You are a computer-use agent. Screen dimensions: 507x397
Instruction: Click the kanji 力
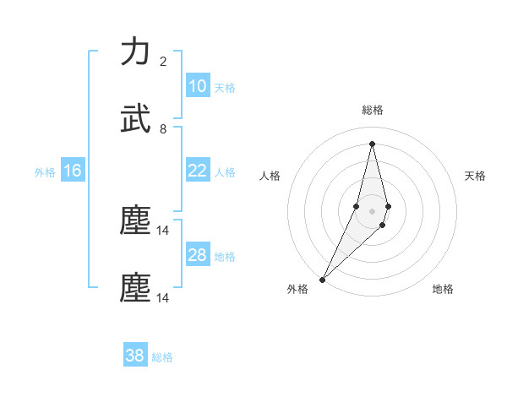click(x=135, y=52)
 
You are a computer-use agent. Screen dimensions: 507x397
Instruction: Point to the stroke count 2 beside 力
click(x=163, y=62)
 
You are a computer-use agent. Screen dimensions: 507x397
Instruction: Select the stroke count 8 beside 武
click(x=163, y=129)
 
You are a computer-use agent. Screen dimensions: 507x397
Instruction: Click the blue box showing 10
click(x=197, y=86)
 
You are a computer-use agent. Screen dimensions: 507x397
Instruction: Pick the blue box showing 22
click(x=197, y=171)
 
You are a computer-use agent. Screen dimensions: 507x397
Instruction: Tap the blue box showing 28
click(x=197, y=255)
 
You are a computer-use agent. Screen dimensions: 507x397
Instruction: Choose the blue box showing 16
click(x=72, y=171)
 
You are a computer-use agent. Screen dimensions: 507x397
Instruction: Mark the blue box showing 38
click(x=135, y=356)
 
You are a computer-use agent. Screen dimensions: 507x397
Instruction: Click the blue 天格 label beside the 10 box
click(x=225, y=88)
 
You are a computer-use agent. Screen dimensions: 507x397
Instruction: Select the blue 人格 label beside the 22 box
click(x=225, y=172)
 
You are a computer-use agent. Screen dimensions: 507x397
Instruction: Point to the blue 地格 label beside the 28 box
click(x=225, y=257)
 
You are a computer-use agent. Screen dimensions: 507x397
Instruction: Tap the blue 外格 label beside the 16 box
click(x=45, y=172)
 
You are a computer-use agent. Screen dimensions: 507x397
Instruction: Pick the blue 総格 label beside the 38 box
click(x=162, y=357)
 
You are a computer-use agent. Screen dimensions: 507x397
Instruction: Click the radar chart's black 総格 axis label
click(x=372, y=110)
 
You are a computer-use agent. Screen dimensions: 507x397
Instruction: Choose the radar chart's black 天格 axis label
click(x=476, y=176)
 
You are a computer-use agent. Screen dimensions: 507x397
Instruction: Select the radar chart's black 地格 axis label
click(x=443, y=289)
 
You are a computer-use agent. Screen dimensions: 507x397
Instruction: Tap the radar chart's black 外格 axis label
click(x=297, y=289)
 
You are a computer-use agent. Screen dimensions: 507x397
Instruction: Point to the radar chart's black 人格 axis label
click(x=270, y=176)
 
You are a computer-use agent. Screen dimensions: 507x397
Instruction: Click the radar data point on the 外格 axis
click(x=322, y=278)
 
